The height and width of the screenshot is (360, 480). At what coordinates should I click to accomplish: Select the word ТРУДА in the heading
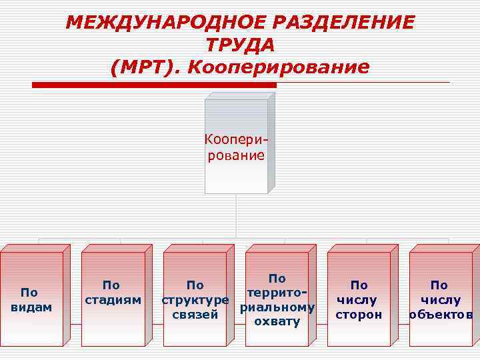(x=240, y=45)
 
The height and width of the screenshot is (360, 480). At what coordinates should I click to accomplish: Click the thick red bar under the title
(x=154, y=85)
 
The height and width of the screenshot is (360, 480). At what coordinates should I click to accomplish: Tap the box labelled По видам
(x=31, y=299)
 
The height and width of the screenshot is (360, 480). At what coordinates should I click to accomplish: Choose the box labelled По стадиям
(x=113, y=299)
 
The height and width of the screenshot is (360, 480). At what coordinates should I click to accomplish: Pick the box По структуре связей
(x=195, y=299)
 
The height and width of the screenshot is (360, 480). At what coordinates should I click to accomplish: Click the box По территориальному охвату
(x=277, y=299)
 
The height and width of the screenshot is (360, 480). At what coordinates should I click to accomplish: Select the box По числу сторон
(x=359, y=299)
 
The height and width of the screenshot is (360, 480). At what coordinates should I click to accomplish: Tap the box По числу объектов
(x=440, y=299)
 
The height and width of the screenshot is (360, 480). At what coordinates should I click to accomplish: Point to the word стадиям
(x=113, y=299)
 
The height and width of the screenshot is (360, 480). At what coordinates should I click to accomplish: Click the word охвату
(x=277, y=323)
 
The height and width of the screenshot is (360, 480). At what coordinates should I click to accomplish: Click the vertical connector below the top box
(x=237, y=217)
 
